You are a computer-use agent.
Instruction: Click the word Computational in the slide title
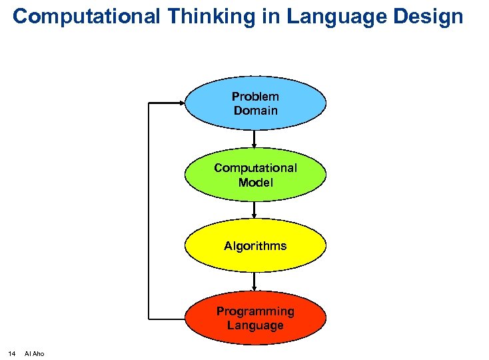tap(86, 16)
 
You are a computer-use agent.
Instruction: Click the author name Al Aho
tap(34, 353)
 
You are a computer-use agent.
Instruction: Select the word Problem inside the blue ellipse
tap(255, 97)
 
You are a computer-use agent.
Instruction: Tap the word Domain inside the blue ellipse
tap(255, 111)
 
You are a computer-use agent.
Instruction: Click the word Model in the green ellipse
tap(255, 182)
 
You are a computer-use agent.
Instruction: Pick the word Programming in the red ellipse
tap(255, 311)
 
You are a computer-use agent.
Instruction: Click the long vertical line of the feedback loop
tap(149, 210)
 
